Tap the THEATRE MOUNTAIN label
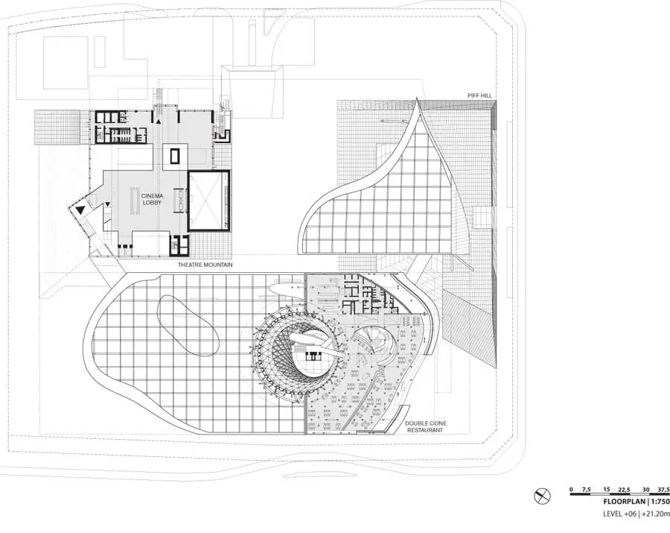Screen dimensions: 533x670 pos(205,265)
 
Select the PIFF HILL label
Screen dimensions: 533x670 pos(479,95)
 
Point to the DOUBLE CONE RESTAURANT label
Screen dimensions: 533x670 pos(425,426)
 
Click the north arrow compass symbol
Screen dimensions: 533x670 pos(543,495)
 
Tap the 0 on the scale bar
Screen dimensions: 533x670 pos(571,489)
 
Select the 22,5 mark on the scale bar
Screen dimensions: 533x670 pos(624,489)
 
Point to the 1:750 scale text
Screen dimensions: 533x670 pos(657,501)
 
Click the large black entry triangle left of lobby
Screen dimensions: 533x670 pos(79,211)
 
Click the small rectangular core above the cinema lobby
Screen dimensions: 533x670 pos(175,156)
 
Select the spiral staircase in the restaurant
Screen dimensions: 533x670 pos(371,344)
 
